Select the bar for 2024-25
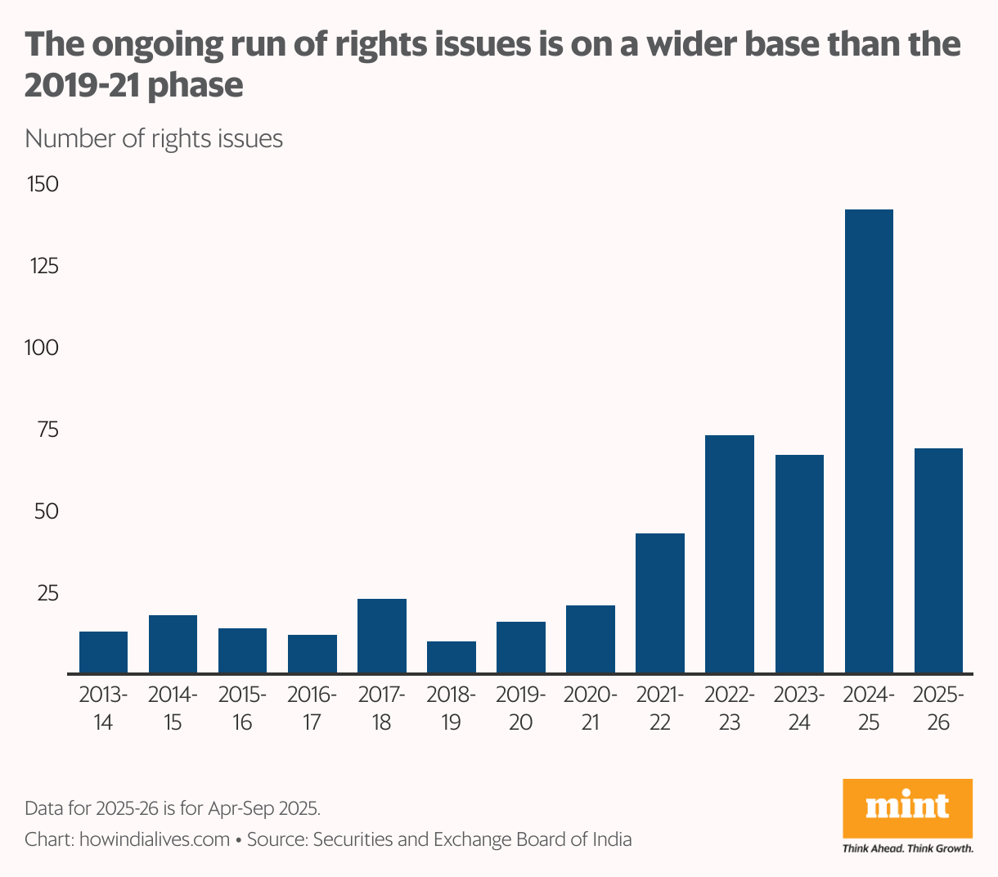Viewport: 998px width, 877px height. (869, 442)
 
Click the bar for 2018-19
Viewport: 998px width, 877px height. (452, 658)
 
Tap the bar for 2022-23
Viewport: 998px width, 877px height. (730, 555)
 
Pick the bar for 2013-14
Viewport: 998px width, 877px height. (103, 653)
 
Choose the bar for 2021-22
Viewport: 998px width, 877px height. (660, 604)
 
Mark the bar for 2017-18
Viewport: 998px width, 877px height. (382, 636)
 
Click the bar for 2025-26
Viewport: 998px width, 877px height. (938, 561)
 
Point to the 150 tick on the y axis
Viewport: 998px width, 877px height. (43, 184)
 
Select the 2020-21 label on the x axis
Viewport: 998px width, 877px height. (590, 709)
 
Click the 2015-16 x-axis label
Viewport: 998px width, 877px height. (242, 709)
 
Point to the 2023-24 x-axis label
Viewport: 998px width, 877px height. (799, 709)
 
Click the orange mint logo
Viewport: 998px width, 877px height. (908, 808)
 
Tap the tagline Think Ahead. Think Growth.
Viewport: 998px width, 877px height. (908, 848)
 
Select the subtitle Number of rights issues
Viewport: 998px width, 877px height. (154, 139)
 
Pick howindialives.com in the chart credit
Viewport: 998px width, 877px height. (155, 839)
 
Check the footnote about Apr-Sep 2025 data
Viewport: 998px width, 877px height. (173, 808)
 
